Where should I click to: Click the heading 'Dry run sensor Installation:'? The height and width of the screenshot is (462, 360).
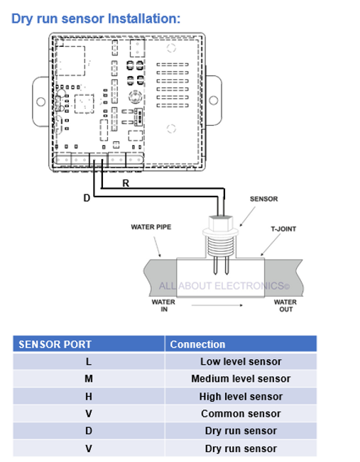click(x=96, y=19)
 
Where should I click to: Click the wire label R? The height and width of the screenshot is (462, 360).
click(x=126, y=183)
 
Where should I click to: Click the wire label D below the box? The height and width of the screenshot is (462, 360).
click(x=87, y=198)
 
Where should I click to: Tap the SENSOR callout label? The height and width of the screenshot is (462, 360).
click(x=264, y=199)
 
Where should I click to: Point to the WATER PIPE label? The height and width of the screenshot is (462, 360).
click(x=151, y=227)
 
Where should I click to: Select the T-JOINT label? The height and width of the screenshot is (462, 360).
click(x=283, y=229)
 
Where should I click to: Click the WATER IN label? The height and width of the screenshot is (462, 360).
click(x=163, y=306)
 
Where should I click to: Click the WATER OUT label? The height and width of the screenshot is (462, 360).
click(x=285, y=306)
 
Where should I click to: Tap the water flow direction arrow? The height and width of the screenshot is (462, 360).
click(x=217, y=305)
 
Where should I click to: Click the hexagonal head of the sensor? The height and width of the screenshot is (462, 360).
click(x=221, y=222)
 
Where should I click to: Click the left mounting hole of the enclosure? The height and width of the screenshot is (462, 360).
click(x=40, y=102)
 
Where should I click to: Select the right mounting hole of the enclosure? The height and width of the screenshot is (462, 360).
click(x=214, y=101)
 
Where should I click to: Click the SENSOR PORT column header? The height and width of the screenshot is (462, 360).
click(x=55, y=344)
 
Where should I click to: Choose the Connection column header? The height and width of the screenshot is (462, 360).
click(x=197, y=344)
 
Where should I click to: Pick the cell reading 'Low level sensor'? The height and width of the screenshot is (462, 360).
click(x=241, y=361)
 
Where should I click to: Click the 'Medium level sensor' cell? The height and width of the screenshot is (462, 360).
click(x=241, y=379)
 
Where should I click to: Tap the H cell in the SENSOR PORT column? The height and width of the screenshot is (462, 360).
click(x=89, y=397)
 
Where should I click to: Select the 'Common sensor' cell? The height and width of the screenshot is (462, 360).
click(x=241, y=414)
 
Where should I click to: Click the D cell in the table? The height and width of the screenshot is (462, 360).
click(x=89, y=431)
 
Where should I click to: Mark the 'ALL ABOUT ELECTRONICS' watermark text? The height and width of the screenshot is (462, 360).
click(x=224, y=286)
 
